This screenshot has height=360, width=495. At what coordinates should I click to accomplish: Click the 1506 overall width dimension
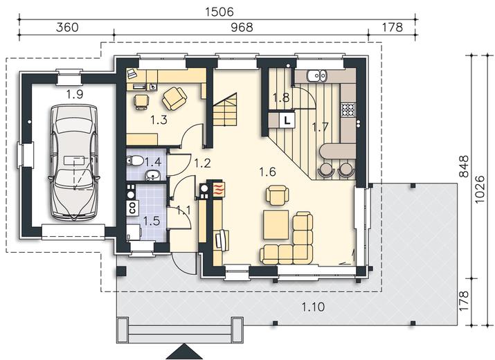pyautogui.click(x=219, y=12)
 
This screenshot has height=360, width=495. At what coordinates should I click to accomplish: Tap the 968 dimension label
pyautogui.click(x=242, y=28)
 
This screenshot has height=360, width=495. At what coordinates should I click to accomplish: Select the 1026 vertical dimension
pyautogui.click(x=480, y=190)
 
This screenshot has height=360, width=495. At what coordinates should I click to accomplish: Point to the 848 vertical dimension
pyautogui.click(x=464, y=167)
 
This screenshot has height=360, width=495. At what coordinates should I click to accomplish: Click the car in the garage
pyautogui.click(x=74, y=163)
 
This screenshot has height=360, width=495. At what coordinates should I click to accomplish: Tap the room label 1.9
pyautogui.click(x=75, y=94)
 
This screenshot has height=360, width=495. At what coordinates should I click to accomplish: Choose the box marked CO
pyautogui.click(x=132, y=208)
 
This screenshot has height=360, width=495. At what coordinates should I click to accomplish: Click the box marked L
pyautogui.click(x=287, y=120)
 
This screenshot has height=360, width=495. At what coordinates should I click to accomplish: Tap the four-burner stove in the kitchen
pyautogui.click(x=348, y=110)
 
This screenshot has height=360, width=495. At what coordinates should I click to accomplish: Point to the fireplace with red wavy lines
pyautogui.click(x=219, y=189)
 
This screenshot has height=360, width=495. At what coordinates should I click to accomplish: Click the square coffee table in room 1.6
pyautogui.click(x=276, y=225)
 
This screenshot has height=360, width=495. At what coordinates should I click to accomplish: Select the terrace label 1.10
pyautogui.click(x=313, y=307)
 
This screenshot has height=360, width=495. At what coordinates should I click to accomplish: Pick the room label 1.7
pyautogui.click(x=320, y=127)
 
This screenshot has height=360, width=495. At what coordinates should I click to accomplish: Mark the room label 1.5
pyautogui.click(x=152, y=222)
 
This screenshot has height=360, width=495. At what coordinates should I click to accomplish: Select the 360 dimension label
pyautogui.click(x=67, y=28)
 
